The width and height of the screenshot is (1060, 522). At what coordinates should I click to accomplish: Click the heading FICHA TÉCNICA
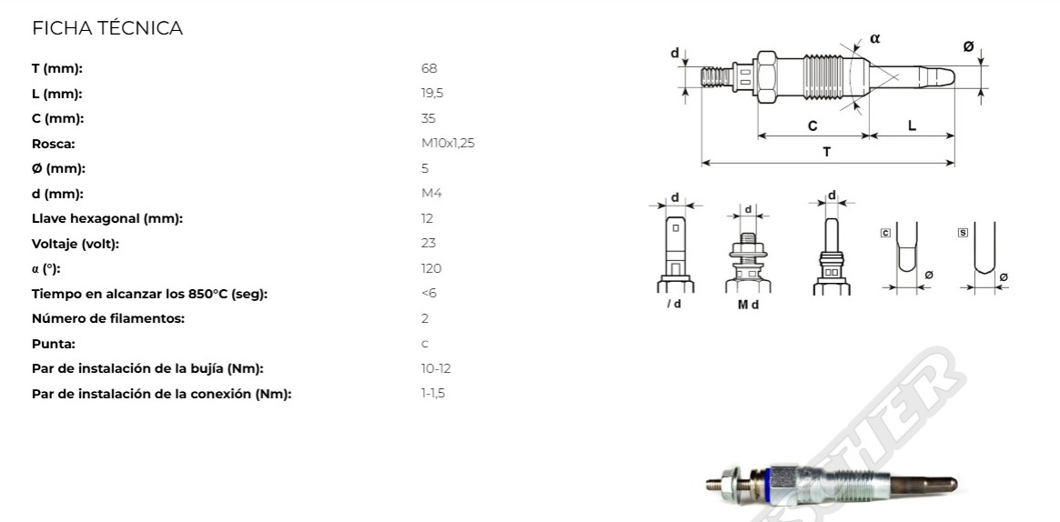[x=107, y=28]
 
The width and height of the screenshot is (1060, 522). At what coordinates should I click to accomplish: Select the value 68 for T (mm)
[x=429, y=68]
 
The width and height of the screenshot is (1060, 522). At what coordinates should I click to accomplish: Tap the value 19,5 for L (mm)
[x=432, y=94]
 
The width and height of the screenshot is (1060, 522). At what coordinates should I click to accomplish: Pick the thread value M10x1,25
[x=448, y=143]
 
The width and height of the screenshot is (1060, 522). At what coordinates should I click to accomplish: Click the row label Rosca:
[x=54, y=144]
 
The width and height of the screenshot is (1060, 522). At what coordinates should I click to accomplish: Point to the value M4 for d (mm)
[x=431, y=193]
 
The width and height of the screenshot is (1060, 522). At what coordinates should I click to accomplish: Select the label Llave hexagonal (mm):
[x=107, y=219]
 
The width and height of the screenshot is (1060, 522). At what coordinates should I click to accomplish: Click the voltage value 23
[x=428, y=243]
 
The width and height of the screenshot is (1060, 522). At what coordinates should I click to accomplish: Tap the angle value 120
[x=430, y=268]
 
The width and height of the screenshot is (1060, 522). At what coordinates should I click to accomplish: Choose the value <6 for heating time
[x=429, y=293]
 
